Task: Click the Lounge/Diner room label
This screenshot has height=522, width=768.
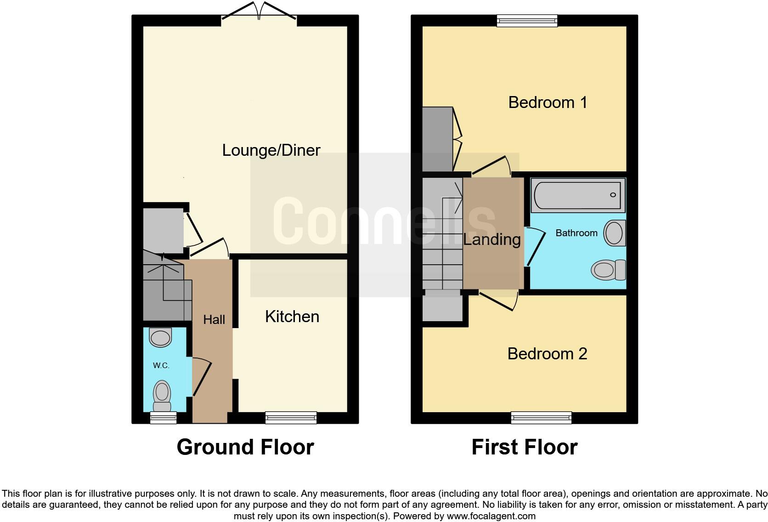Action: [x=271, y=150]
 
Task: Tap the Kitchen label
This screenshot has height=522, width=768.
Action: [x=292, y=317]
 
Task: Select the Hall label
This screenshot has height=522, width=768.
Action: [x=214, y=319]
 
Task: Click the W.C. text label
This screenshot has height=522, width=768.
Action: [x=161, y=366]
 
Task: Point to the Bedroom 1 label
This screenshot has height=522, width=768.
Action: [x=548, y=102]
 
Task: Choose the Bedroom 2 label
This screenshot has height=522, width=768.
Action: [x=547, y=353]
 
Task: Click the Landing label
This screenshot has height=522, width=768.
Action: [x=491, y=239]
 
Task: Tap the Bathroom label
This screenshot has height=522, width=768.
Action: [x=576, y=233]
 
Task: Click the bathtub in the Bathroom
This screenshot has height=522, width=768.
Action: [x=577, y=195]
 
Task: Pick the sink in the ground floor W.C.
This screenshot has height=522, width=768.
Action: [x=160, y=338]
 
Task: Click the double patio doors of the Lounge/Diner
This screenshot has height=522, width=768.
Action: [x=259, y=12]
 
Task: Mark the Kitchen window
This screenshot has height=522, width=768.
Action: [x=291, y=417]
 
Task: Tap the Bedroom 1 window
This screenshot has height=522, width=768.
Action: [x=527, y=20]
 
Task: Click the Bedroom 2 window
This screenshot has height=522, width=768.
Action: [x=541, y=417]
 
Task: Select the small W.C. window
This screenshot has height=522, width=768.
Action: [x=164, y=417]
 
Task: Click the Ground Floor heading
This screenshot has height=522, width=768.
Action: [x=245, y=447]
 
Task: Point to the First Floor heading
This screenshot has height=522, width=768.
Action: [x=525, y=447]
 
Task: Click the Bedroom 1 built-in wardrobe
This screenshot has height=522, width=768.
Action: [x=437, y=139]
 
